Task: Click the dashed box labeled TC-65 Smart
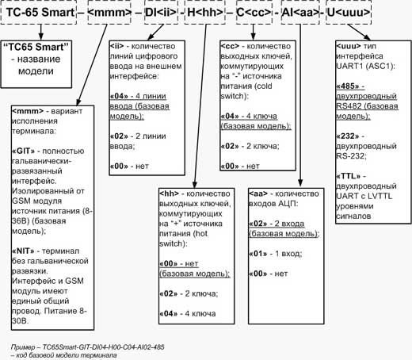click(x=39, y=13)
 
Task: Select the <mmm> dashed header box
click(x=109, y=13)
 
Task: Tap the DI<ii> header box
click(x=161, y=13)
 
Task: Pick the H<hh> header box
click(x=205, y=13)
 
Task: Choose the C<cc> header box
click(x=254, y=13)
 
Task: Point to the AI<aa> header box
click(x=300, y=13)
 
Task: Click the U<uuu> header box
click(x=349, y=13)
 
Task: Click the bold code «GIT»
click(x=23, y=151)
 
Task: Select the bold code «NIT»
click(x=23, y=251)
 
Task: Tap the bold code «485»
click(x=348, y=86)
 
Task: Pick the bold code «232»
click(x=348, y=136)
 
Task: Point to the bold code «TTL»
click(x=349, y=176)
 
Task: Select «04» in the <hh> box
click(x=168, y=314)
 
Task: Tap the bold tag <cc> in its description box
click(x=230, y=46)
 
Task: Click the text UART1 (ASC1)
click(x=365, y=66)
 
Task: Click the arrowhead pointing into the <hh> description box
click(x=194, y=185)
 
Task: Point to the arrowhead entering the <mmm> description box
click(x=78, y=102)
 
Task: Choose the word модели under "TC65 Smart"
click(x=36, y=71)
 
